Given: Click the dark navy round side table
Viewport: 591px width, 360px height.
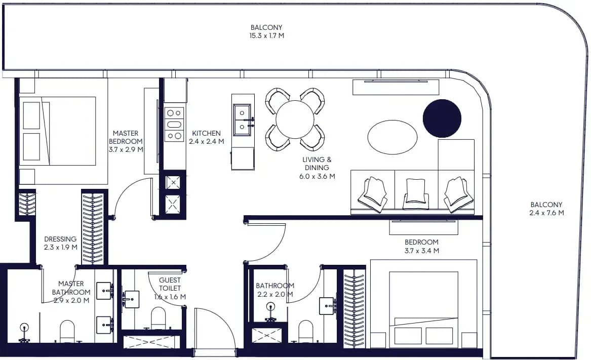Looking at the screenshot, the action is (442, 118).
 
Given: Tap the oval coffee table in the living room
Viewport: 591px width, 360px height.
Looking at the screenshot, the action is (392, 137).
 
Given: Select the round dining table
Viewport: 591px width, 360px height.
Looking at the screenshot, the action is (295, 119).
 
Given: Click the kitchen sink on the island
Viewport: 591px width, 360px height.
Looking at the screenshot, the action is (242, 120).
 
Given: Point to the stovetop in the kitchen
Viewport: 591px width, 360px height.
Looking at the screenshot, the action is (174, 125).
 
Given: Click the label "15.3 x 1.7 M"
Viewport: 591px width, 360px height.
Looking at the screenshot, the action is (266, 36).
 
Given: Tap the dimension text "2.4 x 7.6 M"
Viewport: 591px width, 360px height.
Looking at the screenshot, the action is (546, 213).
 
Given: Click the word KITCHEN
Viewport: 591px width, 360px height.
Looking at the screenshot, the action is (206, 133).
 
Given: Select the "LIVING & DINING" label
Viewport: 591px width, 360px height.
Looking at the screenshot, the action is (317, 164).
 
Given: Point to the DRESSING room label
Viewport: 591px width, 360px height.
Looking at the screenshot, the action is (60, 239).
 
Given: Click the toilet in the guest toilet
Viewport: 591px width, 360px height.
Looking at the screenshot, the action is (159, 318).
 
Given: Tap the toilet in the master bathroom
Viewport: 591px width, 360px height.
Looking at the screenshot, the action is (67, 331).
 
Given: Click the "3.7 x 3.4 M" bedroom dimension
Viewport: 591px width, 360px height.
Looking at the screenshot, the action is (422, 251).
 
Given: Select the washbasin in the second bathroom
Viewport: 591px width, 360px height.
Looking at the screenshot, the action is (328, 306).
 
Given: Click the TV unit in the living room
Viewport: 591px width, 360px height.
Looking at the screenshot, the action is (396, 87).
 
